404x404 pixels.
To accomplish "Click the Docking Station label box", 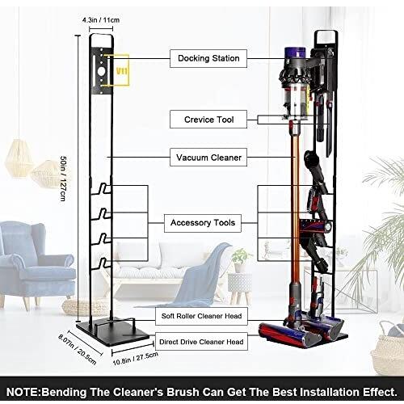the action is (x=208, y=58).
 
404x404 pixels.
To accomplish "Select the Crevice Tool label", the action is (x=208, y=120).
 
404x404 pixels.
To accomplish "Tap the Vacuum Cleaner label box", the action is (x=208, y=158).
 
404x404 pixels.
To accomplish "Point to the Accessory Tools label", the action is (x=203, y=223).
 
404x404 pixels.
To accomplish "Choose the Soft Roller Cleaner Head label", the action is (x=201, y=316).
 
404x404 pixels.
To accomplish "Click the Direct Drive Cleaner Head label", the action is (x=201, y=342).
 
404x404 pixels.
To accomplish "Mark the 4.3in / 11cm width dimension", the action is (x=101, y=20).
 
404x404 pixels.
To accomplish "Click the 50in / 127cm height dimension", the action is (x=63, y=179).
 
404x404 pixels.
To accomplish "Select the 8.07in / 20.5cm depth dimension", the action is (x=78, y=349).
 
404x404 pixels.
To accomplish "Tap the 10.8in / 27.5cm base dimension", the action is (x=135, y=359).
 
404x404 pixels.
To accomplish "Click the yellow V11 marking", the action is (x=122, y=71).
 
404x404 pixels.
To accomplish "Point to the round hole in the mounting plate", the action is (x=101, y=71).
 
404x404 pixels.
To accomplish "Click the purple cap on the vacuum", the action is (x=296, y=53).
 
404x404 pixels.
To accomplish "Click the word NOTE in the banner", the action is (x=23, y=392).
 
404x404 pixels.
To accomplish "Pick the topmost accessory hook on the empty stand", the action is (x=101, y=188).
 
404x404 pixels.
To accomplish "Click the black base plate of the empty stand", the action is (x=113, y=332).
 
